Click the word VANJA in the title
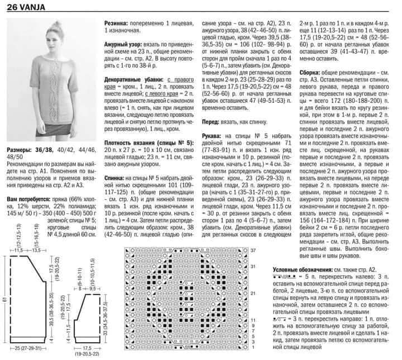point(33,7)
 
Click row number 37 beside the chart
point(252,249)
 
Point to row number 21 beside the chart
point(252,293)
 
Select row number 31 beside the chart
point(252,266)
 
